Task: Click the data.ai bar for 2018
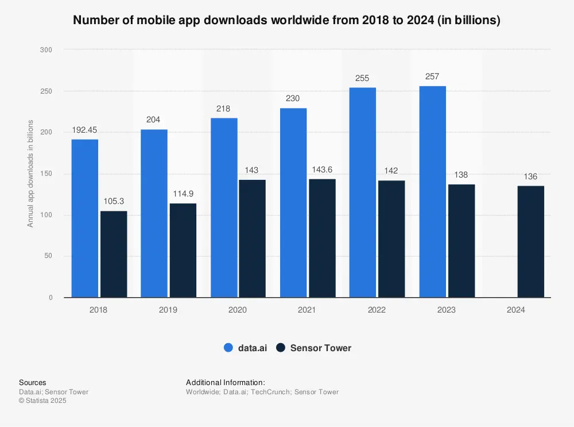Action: (x=84, y=218)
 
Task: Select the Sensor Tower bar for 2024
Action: (x=530, y=241)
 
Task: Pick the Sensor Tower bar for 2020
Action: (x=252, y=238)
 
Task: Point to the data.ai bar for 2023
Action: (x=432, y=192)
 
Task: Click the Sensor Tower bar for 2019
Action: (x=183, y=251)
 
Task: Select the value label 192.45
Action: (x=84, y=130)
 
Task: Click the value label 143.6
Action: (x=322, y=170)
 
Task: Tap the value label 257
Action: (x=432, y=77)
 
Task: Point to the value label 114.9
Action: (x=183, y=194)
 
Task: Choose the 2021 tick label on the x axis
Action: (x=307, y=310)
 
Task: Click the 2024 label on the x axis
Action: (x=516, y=310)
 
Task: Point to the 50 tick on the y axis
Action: (x=49, y=256)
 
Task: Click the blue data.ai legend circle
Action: (x=228, y=348)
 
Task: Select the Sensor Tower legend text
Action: (x=320, y=348)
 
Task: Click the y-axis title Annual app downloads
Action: (x=30, y=174)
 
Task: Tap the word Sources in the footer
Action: (x=33, y=383)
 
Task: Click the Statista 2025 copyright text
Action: (x=42, y=401)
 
